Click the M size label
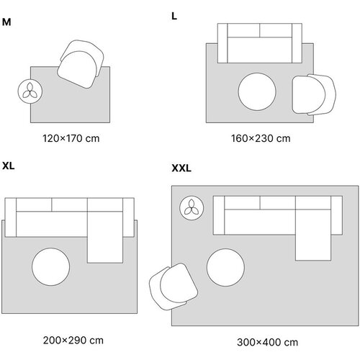(6, 22)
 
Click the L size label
(174, 17)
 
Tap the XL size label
(9, 166)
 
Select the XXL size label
(181, 168)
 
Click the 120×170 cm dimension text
(71, 138)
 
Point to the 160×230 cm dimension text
(261, 138)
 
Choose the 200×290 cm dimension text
(73, 341)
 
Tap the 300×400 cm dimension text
(267, 342)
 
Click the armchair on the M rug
(81, 64)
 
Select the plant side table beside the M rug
(30, 91)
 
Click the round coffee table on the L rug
(257, 91)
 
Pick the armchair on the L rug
(314, 94)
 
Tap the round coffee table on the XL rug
(51, 267)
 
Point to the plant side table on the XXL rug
(192, 208)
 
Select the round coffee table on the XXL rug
(225, 268)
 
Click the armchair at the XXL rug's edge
(174, 287)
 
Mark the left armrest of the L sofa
(222, 43)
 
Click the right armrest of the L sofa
(297, 43)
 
